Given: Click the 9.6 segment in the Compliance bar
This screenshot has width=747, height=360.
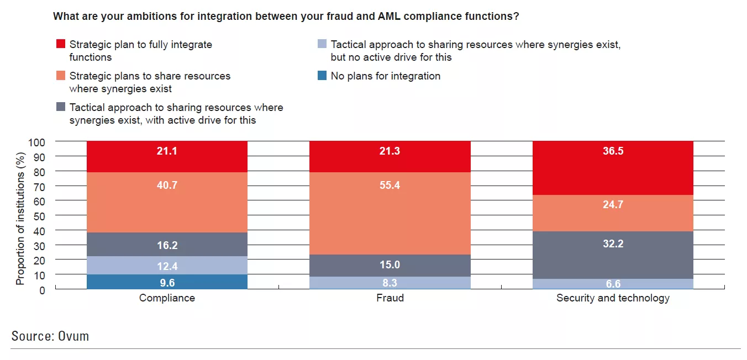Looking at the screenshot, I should [167, 281].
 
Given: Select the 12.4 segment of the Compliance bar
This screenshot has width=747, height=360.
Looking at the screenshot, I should [167, 266].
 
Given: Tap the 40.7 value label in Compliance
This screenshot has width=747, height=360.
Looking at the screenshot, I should [167, 186].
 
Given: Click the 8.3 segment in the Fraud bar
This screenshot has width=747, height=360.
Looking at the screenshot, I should [390, 282].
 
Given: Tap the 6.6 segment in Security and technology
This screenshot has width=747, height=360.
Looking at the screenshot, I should [613, 284].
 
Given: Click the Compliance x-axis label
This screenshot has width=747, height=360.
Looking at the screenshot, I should [167, 298].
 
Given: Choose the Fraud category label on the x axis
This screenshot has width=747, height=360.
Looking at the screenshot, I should [390, 298].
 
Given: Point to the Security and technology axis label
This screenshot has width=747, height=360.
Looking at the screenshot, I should [613, 298].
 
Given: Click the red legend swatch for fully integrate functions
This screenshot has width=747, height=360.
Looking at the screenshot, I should [60, 44].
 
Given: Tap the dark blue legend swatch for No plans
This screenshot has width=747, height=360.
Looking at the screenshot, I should [322, 75].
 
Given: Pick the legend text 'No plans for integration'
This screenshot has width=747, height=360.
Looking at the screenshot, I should [385, 76].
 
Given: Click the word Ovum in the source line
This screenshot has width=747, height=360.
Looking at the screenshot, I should [73, 336].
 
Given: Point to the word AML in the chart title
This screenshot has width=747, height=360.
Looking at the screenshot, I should [390, 17].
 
